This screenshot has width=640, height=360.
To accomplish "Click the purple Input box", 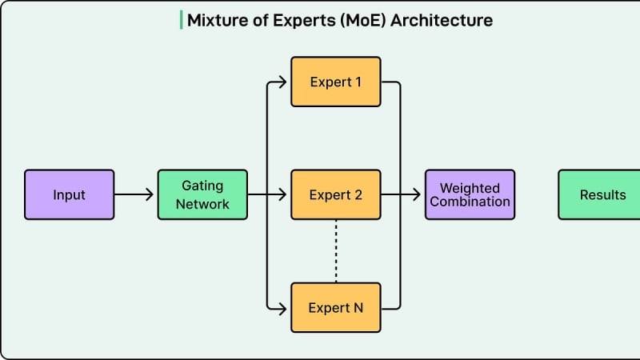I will click(69, 194).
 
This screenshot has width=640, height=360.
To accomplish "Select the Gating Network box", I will click(202, 194).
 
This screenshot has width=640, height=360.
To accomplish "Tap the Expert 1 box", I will click(335, 82).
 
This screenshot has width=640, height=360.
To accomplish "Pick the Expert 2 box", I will click(335, 194).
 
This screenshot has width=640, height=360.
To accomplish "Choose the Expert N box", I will click(335, 307).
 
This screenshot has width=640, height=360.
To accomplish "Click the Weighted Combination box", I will click(470, 194).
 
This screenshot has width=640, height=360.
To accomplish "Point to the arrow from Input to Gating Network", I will click(134, 194).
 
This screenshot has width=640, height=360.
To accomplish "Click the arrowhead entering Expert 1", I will click(282, 82).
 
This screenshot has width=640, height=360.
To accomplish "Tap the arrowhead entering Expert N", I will click(282, 307).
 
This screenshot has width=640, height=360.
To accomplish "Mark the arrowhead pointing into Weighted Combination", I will click(417, 194).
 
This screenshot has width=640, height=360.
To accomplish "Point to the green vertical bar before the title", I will click(181, 20).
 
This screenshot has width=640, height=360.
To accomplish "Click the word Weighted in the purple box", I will click(470, 188).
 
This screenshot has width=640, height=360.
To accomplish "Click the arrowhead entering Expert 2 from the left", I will click(282, 194).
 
